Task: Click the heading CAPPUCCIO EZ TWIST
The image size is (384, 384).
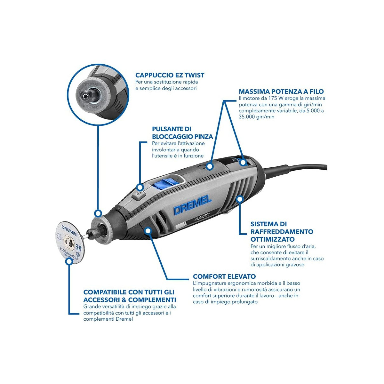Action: tap(170, 75)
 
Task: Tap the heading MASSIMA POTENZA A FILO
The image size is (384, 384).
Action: tap(281, 92)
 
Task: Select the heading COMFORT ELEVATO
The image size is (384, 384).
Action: tap(224, 276)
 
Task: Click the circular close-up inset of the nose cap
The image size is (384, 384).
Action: tap(98, 95)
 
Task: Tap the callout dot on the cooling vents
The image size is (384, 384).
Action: tap(240, 199)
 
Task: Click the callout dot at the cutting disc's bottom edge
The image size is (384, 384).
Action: tap(69, 261)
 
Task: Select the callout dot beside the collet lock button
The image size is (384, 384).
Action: tap(140, 187)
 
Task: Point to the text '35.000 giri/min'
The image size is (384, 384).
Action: tap(256, 117)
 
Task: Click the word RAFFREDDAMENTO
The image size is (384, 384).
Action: tap(282, 232)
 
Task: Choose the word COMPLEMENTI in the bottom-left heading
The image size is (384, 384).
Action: tap(152, 300)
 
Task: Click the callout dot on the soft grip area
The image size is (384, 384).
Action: tap(148, 231)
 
